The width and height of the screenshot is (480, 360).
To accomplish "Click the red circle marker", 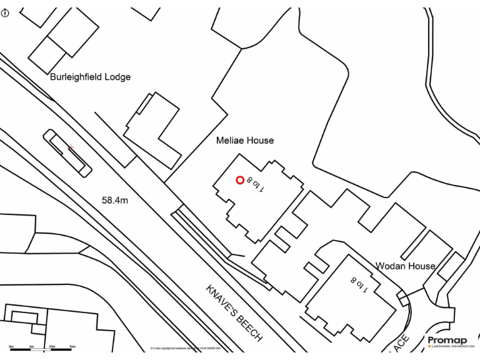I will pyautogui.click(x=240, y=181).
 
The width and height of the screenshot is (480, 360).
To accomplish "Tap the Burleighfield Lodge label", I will pyautogui.click(x=90, y=77).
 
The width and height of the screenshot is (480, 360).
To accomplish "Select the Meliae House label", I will pyautogui.click(x=245, y=141).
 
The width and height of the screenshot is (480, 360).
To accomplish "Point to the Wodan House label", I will pyautogui.click(x=405, y=266).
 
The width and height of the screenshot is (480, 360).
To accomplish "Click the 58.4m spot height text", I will pyautogui.click(x=115, y=201).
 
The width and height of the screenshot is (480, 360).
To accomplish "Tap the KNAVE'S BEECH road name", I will pyautogui.click(x=234, y=313).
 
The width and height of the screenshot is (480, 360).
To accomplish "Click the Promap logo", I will pyautogui.click(x=447, y=340).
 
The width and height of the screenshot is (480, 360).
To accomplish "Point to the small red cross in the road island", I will pyautogui.click(x=71, y=147).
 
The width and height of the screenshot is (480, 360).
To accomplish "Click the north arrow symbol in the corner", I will pyautogui.click(x=6, y=12).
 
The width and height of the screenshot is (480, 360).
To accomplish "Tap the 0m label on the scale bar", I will pyautogui.click(x=11, y=346).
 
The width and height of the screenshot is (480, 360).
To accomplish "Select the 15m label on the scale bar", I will pyautogui.click(x=72, y=346).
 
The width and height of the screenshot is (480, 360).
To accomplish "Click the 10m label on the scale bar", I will pyautogui.click(x=52, y=346).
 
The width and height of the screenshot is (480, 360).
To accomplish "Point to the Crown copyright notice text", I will pyautogui.click(x=186, y=348).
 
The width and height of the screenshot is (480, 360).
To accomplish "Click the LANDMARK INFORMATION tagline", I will pyautogui.click(x=453, y=346).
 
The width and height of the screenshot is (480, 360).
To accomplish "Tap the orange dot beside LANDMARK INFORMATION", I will pyautogui.click(x=429, y=346).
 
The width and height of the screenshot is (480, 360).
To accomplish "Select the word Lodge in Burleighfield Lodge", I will pyautogui.click(x=118, y=77).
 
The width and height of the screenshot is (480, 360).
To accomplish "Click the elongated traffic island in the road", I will pyautogui.click(x=67, y=152).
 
